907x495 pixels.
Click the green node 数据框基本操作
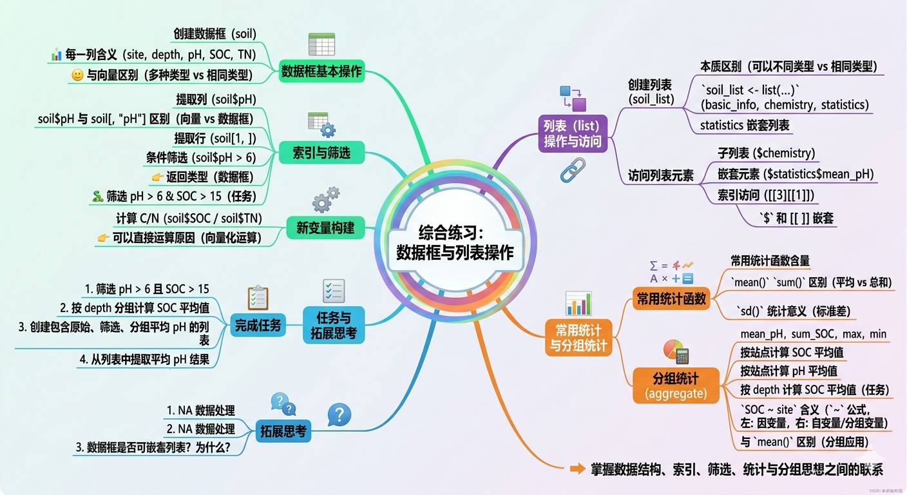(x=321, y=72)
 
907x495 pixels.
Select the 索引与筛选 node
(x=321, y=153)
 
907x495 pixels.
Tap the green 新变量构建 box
(x=325, y=228)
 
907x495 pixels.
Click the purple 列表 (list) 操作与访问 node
(x=573, y=133)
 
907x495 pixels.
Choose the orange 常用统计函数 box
(x=671, y=299)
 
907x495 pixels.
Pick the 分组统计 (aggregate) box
(x=676, y=385)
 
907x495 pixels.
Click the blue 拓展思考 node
(x=283, y=431)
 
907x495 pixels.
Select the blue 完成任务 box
(x=258, y=325)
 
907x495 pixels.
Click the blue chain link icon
(x=573, y=170)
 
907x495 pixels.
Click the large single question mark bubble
(x=339, y=414)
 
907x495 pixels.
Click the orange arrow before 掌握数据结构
(x=577, y=469)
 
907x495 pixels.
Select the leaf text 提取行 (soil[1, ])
(x=215, y=139)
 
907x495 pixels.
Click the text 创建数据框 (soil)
(x=215, y=34)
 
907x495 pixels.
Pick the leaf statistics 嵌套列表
(x=745, y=126)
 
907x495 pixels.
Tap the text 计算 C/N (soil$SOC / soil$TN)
(x=189, y=218)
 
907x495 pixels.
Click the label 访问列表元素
(x=660, y=176)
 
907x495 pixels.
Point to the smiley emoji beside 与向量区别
(x=77, y=75)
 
